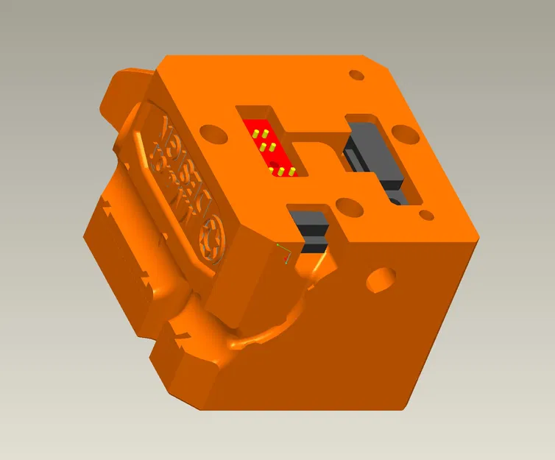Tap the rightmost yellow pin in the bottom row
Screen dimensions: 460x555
292,172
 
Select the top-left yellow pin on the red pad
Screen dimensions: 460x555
254,135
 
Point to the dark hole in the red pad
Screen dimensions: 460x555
274,163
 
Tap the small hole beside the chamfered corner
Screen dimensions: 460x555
357,75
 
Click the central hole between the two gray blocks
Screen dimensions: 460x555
349,207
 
